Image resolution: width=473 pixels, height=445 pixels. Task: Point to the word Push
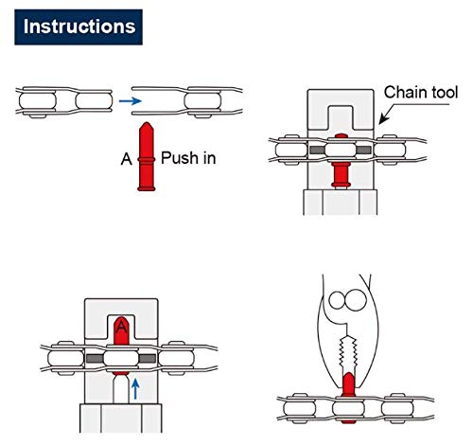click(x=180, y=157)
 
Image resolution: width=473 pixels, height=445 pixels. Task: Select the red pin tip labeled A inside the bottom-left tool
click(x=119, y=327)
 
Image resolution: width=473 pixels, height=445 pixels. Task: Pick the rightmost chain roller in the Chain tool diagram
click(x=390, y=151)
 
